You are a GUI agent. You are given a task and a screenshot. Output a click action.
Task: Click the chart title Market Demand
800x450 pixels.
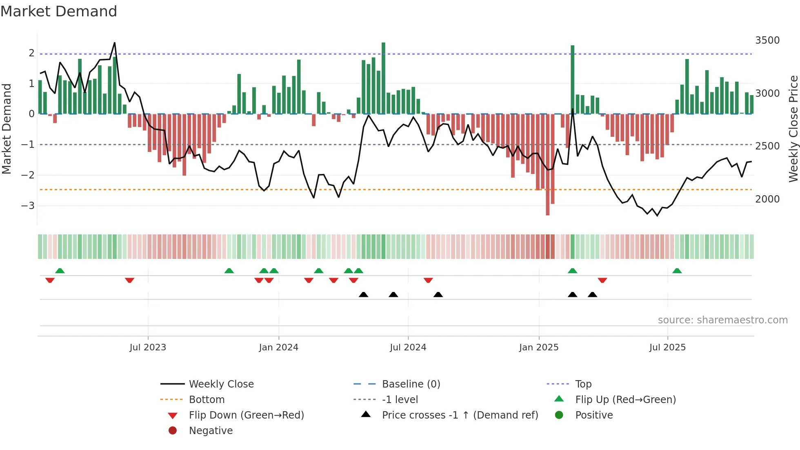point(59,11)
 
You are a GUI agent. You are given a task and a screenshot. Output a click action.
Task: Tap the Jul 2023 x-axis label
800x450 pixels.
point(148,348)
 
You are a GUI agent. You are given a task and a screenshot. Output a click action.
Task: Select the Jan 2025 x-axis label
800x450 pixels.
point(539,348)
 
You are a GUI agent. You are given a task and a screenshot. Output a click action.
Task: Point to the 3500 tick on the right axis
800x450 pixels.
point(767,40)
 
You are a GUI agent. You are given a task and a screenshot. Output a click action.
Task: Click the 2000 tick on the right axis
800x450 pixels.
point(767,199)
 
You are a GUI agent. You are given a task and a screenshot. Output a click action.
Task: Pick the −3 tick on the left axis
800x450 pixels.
point(28,205)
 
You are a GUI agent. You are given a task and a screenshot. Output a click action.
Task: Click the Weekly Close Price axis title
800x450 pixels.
point(793,129)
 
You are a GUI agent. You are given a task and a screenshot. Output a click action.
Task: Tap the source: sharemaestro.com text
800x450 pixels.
point(722,320)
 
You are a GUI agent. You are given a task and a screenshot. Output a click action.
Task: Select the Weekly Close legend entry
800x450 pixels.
point(221,384)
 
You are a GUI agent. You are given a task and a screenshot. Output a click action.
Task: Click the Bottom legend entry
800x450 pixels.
point(207,400)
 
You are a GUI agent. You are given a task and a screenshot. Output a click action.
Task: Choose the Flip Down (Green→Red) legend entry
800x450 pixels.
point(246,415)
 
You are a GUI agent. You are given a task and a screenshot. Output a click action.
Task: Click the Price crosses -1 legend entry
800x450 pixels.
point(460,415)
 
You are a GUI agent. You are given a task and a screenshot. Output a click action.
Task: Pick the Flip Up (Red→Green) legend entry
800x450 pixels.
point(625,400)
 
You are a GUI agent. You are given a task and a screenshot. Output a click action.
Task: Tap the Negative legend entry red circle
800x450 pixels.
point(173,431)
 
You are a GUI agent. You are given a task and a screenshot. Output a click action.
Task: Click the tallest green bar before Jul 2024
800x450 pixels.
point(383,78)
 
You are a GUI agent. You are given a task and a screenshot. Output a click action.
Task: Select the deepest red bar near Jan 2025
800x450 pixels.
point(547,164)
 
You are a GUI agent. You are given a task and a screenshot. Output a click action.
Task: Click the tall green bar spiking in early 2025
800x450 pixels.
point(573,79)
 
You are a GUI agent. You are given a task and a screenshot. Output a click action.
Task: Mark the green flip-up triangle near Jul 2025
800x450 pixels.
point(677,271)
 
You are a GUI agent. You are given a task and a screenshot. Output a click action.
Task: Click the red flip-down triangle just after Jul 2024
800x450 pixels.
point(428,280)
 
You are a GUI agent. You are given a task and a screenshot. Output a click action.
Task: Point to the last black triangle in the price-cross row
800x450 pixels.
point(593,294)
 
